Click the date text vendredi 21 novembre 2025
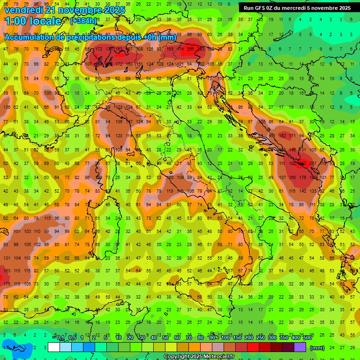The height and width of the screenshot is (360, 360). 65,9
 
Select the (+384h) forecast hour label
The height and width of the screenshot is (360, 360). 83,21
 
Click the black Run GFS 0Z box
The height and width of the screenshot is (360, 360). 297,8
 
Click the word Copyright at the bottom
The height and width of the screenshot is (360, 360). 179,357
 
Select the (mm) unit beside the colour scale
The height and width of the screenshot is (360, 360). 317,348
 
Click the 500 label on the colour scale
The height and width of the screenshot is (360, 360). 307,338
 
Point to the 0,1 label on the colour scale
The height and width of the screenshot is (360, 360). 60,338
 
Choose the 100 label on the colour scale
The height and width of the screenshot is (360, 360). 225,338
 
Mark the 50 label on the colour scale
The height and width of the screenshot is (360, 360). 165,338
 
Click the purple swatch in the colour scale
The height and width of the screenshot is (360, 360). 300,347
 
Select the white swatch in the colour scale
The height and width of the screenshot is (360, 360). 54,347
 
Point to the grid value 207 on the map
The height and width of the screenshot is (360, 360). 313,164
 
